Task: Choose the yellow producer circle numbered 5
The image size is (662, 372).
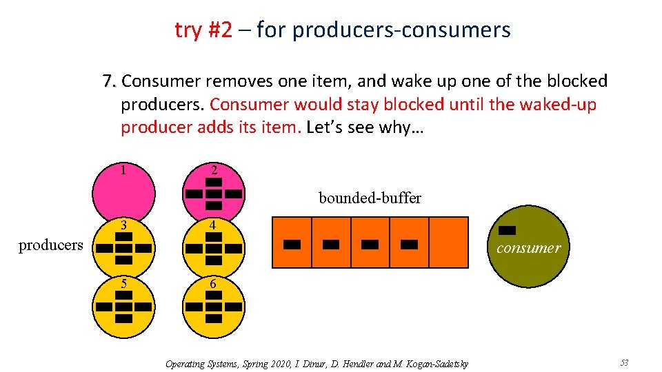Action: click(x=124, y=307)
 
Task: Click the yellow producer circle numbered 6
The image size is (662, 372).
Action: click(x=214, y=307)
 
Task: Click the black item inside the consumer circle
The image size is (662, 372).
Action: click(x=508, y=230)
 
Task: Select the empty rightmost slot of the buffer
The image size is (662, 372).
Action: click(x=448, y=242)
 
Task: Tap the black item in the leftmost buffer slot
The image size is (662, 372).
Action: click(x=292, y=244)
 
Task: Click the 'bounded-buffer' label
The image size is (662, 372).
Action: click(x=370, y=198)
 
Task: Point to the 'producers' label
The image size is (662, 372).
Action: click(x=50, y=245)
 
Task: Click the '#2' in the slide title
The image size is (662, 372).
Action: click(x=219, y=30)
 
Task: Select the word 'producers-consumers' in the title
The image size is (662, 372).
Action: click(x=401, y=30)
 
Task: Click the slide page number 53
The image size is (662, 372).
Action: click(x=624, y=362)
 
